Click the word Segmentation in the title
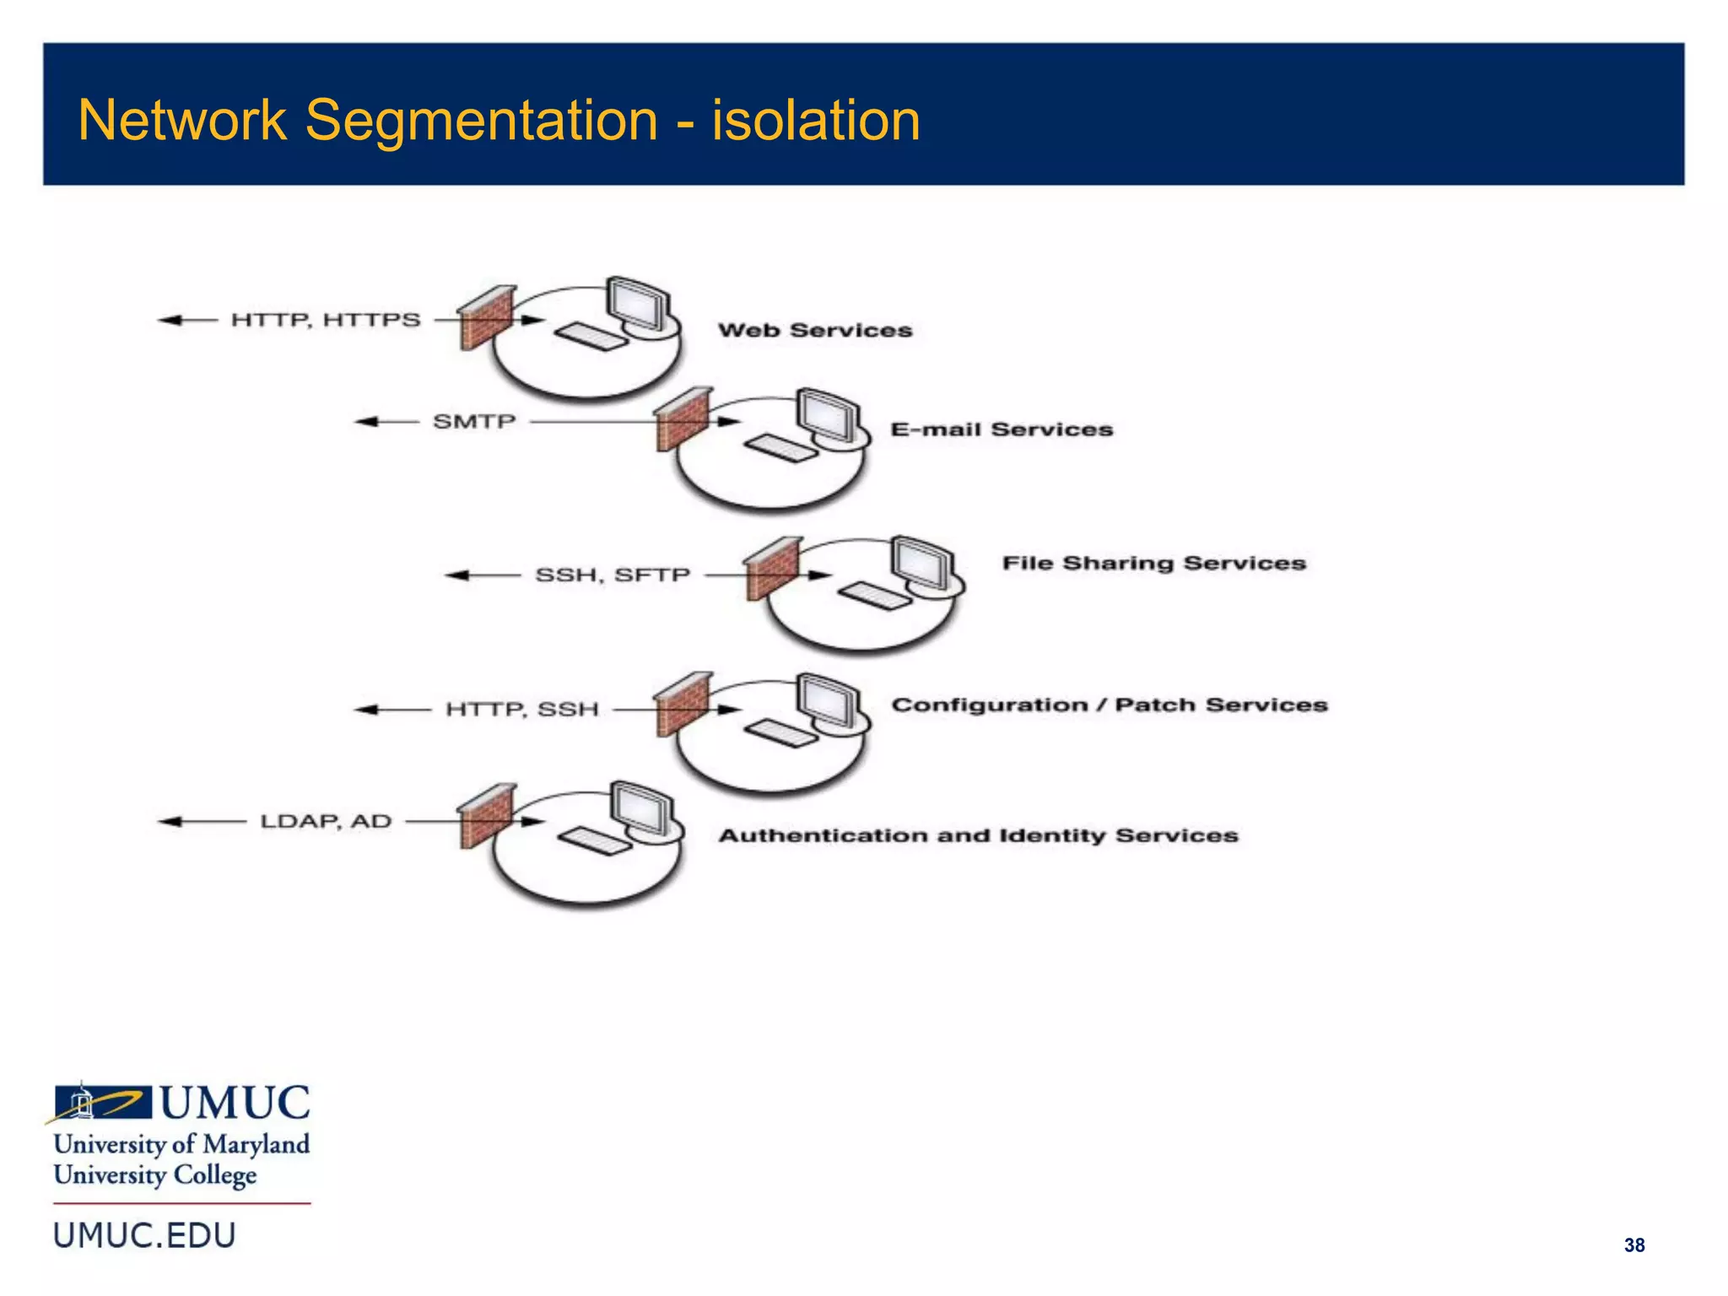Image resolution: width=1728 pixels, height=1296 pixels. pos(481,120)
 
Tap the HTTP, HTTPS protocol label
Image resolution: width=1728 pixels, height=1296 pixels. pos(326,320)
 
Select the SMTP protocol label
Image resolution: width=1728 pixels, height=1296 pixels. pos(474,421)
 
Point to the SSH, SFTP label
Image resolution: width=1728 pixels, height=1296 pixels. pos(613,575)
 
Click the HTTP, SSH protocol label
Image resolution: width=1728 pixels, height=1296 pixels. pos(521,710)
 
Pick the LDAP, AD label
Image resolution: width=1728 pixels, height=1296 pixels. pos(326,821)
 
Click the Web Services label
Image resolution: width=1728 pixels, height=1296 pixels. pos(815,330)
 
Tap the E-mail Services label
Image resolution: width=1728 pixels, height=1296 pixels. pos(1002,429)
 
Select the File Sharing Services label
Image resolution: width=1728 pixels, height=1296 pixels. pos(1153,563)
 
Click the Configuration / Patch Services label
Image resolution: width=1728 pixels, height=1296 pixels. pos(1110,705)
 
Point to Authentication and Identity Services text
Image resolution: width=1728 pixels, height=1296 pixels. pos(978,835)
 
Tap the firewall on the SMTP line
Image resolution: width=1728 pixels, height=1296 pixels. pos(683,419)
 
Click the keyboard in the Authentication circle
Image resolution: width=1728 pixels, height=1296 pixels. pos(594,841)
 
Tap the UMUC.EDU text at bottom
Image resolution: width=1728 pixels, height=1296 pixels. pos(145,1235)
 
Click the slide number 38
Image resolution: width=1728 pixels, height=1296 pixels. pos(1633,1245)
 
